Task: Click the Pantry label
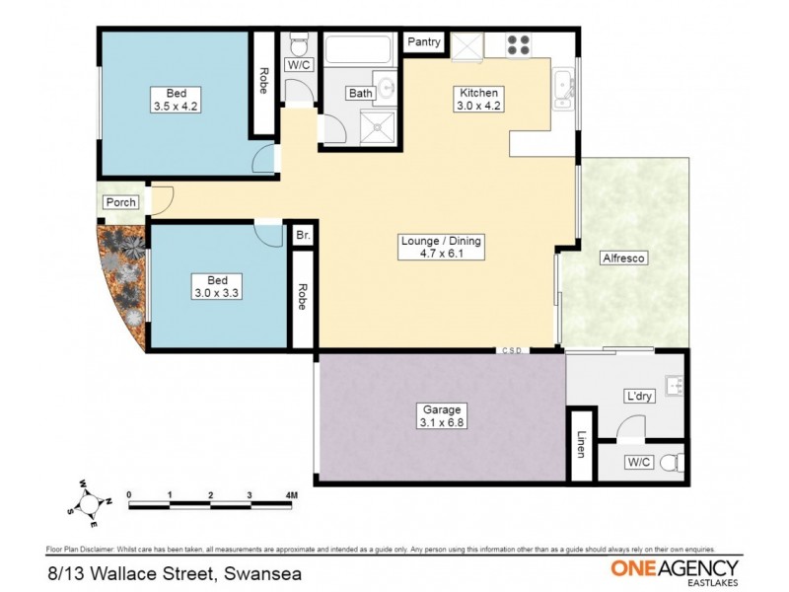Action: pos(425,41)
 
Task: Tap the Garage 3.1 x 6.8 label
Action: pos(440,416)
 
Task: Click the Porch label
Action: pos(121,202)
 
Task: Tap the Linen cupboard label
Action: pos(582,446)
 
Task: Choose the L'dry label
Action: pos(639,397)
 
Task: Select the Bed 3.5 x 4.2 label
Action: pos(176,99)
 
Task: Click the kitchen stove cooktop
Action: pos(518,44)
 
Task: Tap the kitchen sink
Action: pos(564,89)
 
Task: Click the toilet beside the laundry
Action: pos(670,462)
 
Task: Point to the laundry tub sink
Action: pos(675,384)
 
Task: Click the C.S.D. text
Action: pos(512,350)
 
